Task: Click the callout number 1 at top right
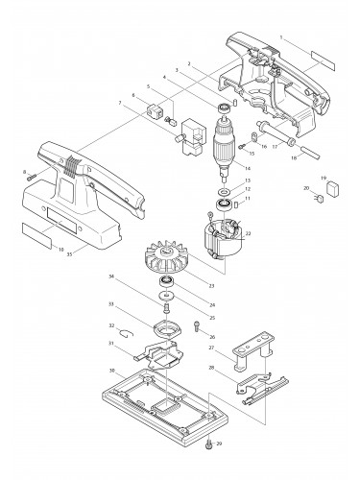(x=280, y=36)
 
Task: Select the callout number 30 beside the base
(x=112, y=371)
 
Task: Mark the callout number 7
(x=119, y=103)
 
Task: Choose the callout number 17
(x=275, y=145)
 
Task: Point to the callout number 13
(x=247, y=180)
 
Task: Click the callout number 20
(x=306, y=188)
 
